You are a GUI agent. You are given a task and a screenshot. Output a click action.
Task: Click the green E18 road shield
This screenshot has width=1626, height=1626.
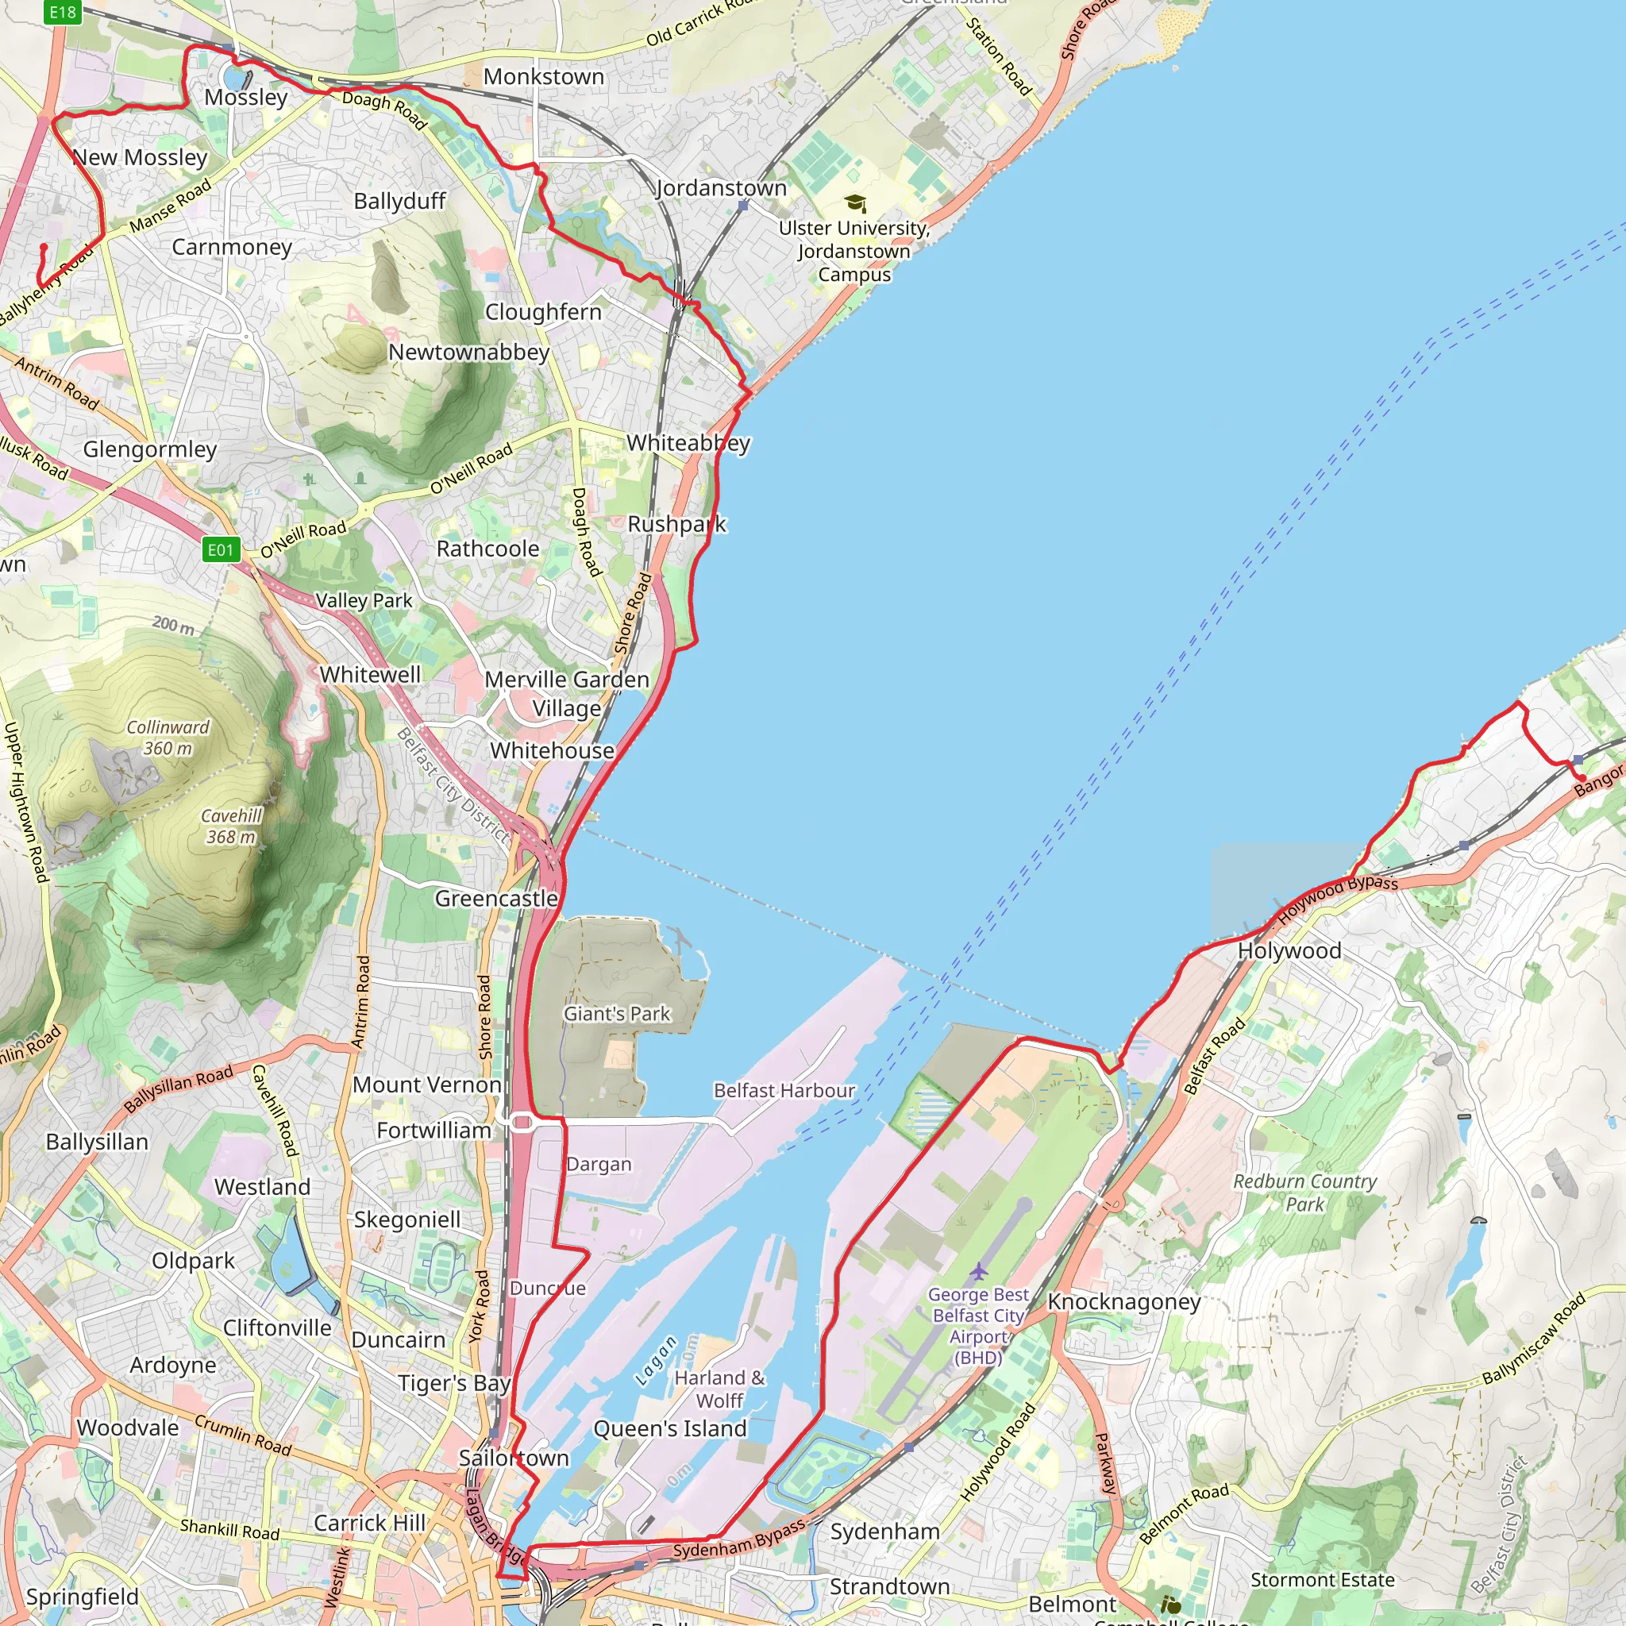(x=64, y=12)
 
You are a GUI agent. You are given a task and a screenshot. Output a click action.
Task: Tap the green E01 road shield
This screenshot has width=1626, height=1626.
(x=222, y=549)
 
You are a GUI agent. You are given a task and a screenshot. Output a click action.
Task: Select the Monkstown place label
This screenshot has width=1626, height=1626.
(x=544, y=76)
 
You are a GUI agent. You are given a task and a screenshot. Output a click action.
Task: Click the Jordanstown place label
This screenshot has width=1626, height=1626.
(x=721, y=187)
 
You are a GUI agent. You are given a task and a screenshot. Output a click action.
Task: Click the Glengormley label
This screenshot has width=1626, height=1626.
(x=150, y=449)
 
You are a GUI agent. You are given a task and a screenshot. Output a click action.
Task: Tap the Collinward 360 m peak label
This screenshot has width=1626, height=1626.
(x=168, y=738)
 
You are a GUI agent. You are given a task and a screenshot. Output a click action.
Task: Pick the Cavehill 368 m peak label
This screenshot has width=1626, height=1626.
(x=230, y=826)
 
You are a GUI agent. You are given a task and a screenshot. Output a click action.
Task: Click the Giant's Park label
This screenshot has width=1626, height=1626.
(x=617, y=1013)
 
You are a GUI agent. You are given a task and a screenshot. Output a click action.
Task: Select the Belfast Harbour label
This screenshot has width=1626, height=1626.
(x=784, y=1090)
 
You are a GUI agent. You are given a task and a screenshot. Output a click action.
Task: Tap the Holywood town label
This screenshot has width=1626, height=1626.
(x=1289, y=951)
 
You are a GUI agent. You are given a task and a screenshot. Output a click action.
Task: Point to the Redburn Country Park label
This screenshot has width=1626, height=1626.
(x=1304, y=1193)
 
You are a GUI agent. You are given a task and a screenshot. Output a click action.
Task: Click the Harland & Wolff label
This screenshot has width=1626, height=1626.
(x=719, y=1389)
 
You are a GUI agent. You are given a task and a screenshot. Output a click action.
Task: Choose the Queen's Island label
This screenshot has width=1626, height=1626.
(x=670, y=1428)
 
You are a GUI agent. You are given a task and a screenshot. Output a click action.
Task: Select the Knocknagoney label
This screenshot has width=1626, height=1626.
(x=1123, y=1301)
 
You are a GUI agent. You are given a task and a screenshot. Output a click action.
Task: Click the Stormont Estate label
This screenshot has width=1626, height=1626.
(x=1322, y=1580)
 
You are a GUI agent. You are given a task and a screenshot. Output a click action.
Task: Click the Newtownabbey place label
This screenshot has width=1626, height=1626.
(x=468, y=352)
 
